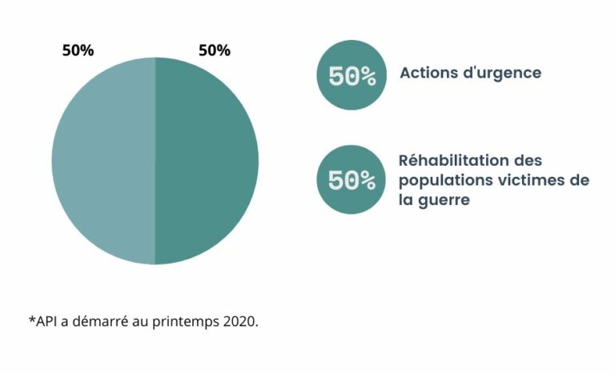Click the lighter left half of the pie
point(104,161)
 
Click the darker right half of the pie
point(207,161)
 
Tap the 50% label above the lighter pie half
point(78,50)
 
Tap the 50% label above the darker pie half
point(215,50)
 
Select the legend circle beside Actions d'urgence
point(352,75)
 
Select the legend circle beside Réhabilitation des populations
point(352,179)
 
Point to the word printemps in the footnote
point(186,323)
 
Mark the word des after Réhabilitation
point(529,160)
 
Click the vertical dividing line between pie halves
point(155,161)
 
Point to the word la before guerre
point(406,199)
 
